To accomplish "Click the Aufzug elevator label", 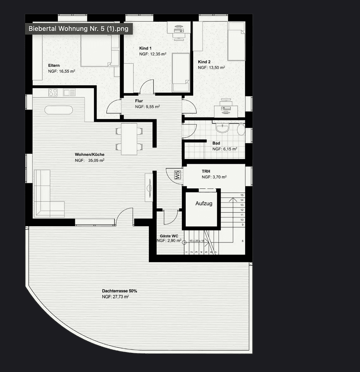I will [x=204, y=204].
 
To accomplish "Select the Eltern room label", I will [x=54, y=65].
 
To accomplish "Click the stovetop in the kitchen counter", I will [x=53, y=92].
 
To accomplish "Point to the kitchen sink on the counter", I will [x=69, y=92].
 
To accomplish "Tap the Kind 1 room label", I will [x=145, y=48].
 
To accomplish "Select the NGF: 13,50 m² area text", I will [x=211, y=68].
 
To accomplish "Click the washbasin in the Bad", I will [x=222, y=128].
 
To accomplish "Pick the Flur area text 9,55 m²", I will [x=147, y=107].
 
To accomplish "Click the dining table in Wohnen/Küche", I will [x=129, y=139].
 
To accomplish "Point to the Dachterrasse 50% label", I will [x=119, y=291].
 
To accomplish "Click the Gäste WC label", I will [x=169, y=236].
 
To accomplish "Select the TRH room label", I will [x=206, y=171].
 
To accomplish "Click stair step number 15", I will [x=242, y=195].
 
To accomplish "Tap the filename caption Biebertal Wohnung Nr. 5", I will [x=78, y=29].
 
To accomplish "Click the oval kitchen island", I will [x=59, y=110].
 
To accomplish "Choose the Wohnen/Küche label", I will [x=89, y=155].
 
